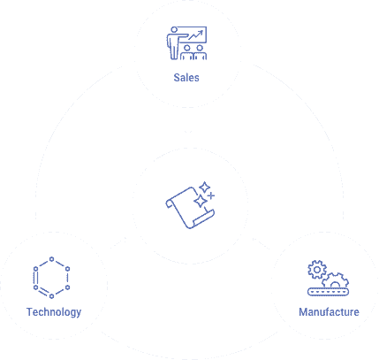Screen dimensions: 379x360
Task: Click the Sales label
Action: click(186, 78)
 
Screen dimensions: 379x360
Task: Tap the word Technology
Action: click(54, 312)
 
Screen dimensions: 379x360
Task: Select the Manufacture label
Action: click(329, 312)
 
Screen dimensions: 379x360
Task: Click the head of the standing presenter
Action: click(174, 30)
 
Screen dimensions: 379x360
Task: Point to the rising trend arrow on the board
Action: click(196, 35)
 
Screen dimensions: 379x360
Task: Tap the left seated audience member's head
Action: click(187, 48)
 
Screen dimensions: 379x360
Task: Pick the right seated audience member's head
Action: click(200, 48)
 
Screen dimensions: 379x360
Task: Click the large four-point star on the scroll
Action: click(201, 202)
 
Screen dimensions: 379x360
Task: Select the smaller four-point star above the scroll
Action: click(205, 188)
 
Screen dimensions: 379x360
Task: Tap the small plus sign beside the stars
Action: click(211, 195)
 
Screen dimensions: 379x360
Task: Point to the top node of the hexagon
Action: click(51, 259)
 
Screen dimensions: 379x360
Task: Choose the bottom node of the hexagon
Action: click(51, 296)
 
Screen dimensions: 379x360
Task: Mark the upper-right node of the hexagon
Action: click(67, 269)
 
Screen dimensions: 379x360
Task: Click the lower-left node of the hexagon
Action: click(35, 287)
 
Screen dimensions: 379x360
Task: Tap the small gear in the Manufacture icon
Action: click(317, 270)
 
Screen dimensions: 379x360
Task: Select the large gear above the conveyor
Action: click(335, 280)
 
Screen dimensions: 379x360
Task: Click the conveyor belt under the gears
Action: click(328, 292)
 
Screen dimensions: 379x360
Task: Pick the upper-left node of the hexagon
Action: click(35, 269)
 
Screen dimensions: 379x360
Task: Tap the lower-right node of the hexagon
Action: click(67, 287)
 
